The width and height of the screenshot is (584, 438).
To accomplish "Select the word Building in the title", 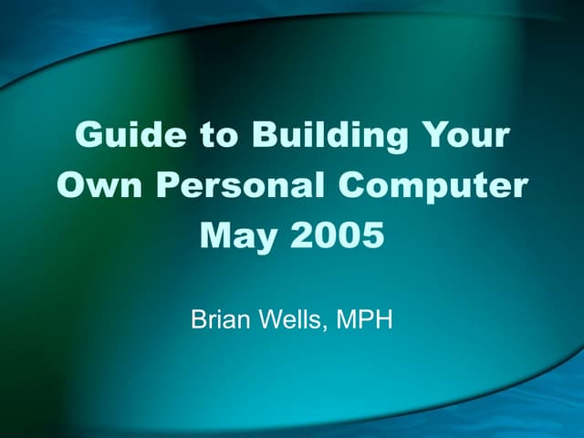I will [x=317, y=137].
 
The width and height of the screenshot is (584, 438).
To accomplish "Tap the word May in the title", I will [x=240, y=237].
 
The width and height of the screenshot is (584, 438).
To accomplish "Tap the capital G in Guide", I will [x=89, y=135].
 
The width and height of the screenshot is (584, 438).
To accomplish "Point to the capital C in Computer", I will [x=353, y=186].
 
